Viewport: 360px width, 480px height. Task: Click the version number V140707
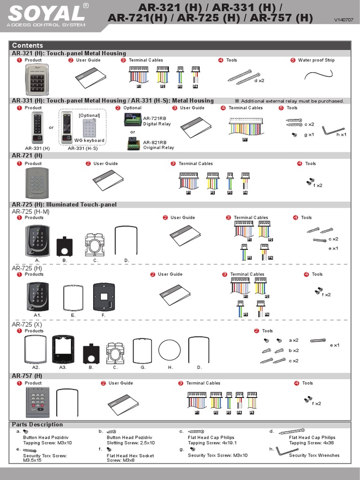click(x=344, y=20)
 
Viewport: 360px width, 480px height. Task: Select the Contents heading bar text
click(x=27, y=45)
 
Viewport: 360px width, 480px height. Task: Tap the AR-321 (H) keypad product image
click(x=37, y=80)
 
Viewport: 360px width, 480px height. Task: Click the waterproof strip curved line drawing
click(x=318, y=75)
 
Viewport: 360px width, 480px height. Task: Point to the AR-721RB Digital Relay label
click(x=157, y=121)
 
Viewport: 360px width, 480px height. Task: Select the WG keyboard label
click(x=90, y=141)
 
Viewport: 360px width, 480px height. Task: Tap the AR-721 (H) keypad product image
click(x=37, y=183)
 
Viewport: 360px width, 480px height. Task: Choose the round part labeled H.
click(x=170, y=350)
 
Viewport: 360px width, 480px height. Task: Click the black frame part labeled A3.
click(x=63, y=349)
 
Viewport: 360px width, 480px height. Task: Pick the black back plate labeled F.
click(x=104, y=297)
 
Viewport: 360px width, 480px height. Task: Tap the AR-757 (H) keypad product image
click(x=37, y=402)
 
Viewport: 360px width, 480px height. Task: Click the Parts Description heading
click(x=37, y=425)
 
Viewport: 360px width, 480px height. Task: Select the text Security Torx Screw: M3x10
click(x=217, y=455)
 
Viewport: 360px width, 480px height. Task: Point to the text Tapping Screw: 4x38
click(x=312, y=443)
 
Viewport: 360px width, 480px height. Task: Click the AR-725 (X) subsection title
click(x=27, y=324)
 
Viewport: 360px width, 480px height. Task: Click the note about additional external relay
click(x=289, y=101)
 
